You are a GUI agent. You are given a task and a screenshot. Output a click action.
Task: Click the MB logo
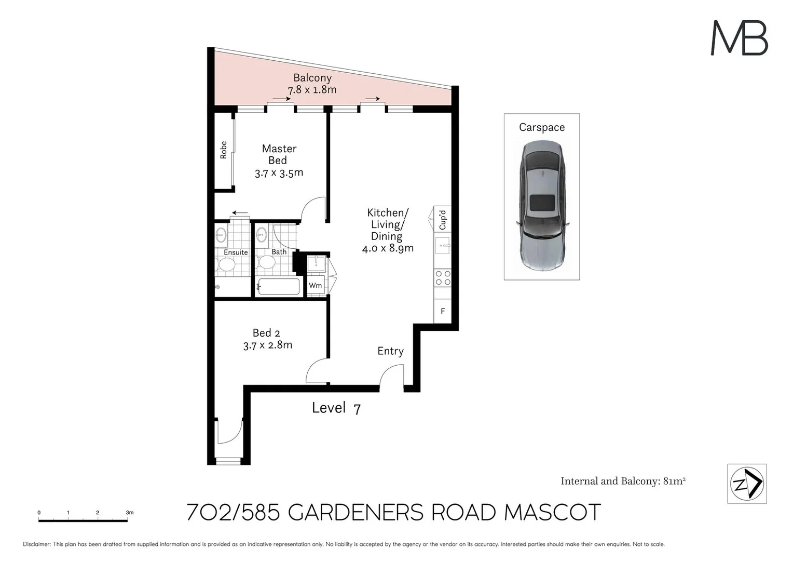click(739, 38)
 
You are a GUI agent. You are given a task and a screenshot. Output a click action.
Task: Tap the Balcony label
click(312, 78)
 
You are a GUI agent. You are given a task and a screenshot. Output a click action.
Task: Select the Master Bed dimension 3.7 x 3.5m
click(279, 173)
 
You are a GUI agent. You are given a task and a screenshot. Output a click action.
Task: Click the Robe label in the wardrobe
click(224, 150)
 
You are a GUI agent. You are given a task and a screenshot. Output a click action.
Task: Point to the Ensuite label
click(236, 252)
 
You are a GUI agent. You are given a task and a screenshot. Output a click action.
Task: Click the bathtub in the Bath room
click(279, 287)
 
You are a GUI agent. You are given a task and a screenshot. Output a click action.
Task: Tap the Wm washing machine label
click(315, 286)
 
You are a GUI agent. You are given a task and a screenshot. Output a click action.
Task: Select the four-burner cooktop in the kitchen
click(443, 278)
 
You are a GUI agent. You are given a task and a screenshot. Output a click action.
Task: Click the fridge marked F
click(443, 311)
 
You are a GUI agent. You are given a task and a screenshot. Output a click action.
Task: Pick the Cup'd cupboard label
click(443, 220)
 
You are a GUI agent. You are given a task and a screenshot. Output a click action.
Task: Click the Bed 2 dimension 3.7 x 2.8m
click(267, 345)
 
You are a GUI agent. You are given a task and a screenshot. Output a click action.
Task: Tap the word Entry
click(390, 351)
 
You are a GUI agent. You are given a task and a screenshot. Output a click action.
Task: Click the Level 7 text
click(336, 408)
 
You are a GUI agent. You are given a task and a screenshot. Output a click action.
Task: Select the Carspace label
click(541, 127)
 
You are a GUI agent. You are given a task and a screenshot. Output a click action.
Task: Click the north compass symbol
click(747, 484)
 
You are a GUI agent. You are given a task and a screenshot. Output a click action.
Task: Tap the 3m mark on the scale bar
click(129, 513)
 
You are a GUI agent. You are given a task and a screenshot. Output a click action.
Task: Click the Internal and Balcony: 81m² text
click(623, 481)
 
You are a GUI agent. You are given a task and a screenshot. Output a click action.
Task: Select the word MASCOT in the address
click(552, 513)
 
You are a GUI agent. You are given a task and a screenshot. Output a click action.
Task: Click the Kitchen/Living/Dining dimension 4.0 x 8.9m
click(388, 248)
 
